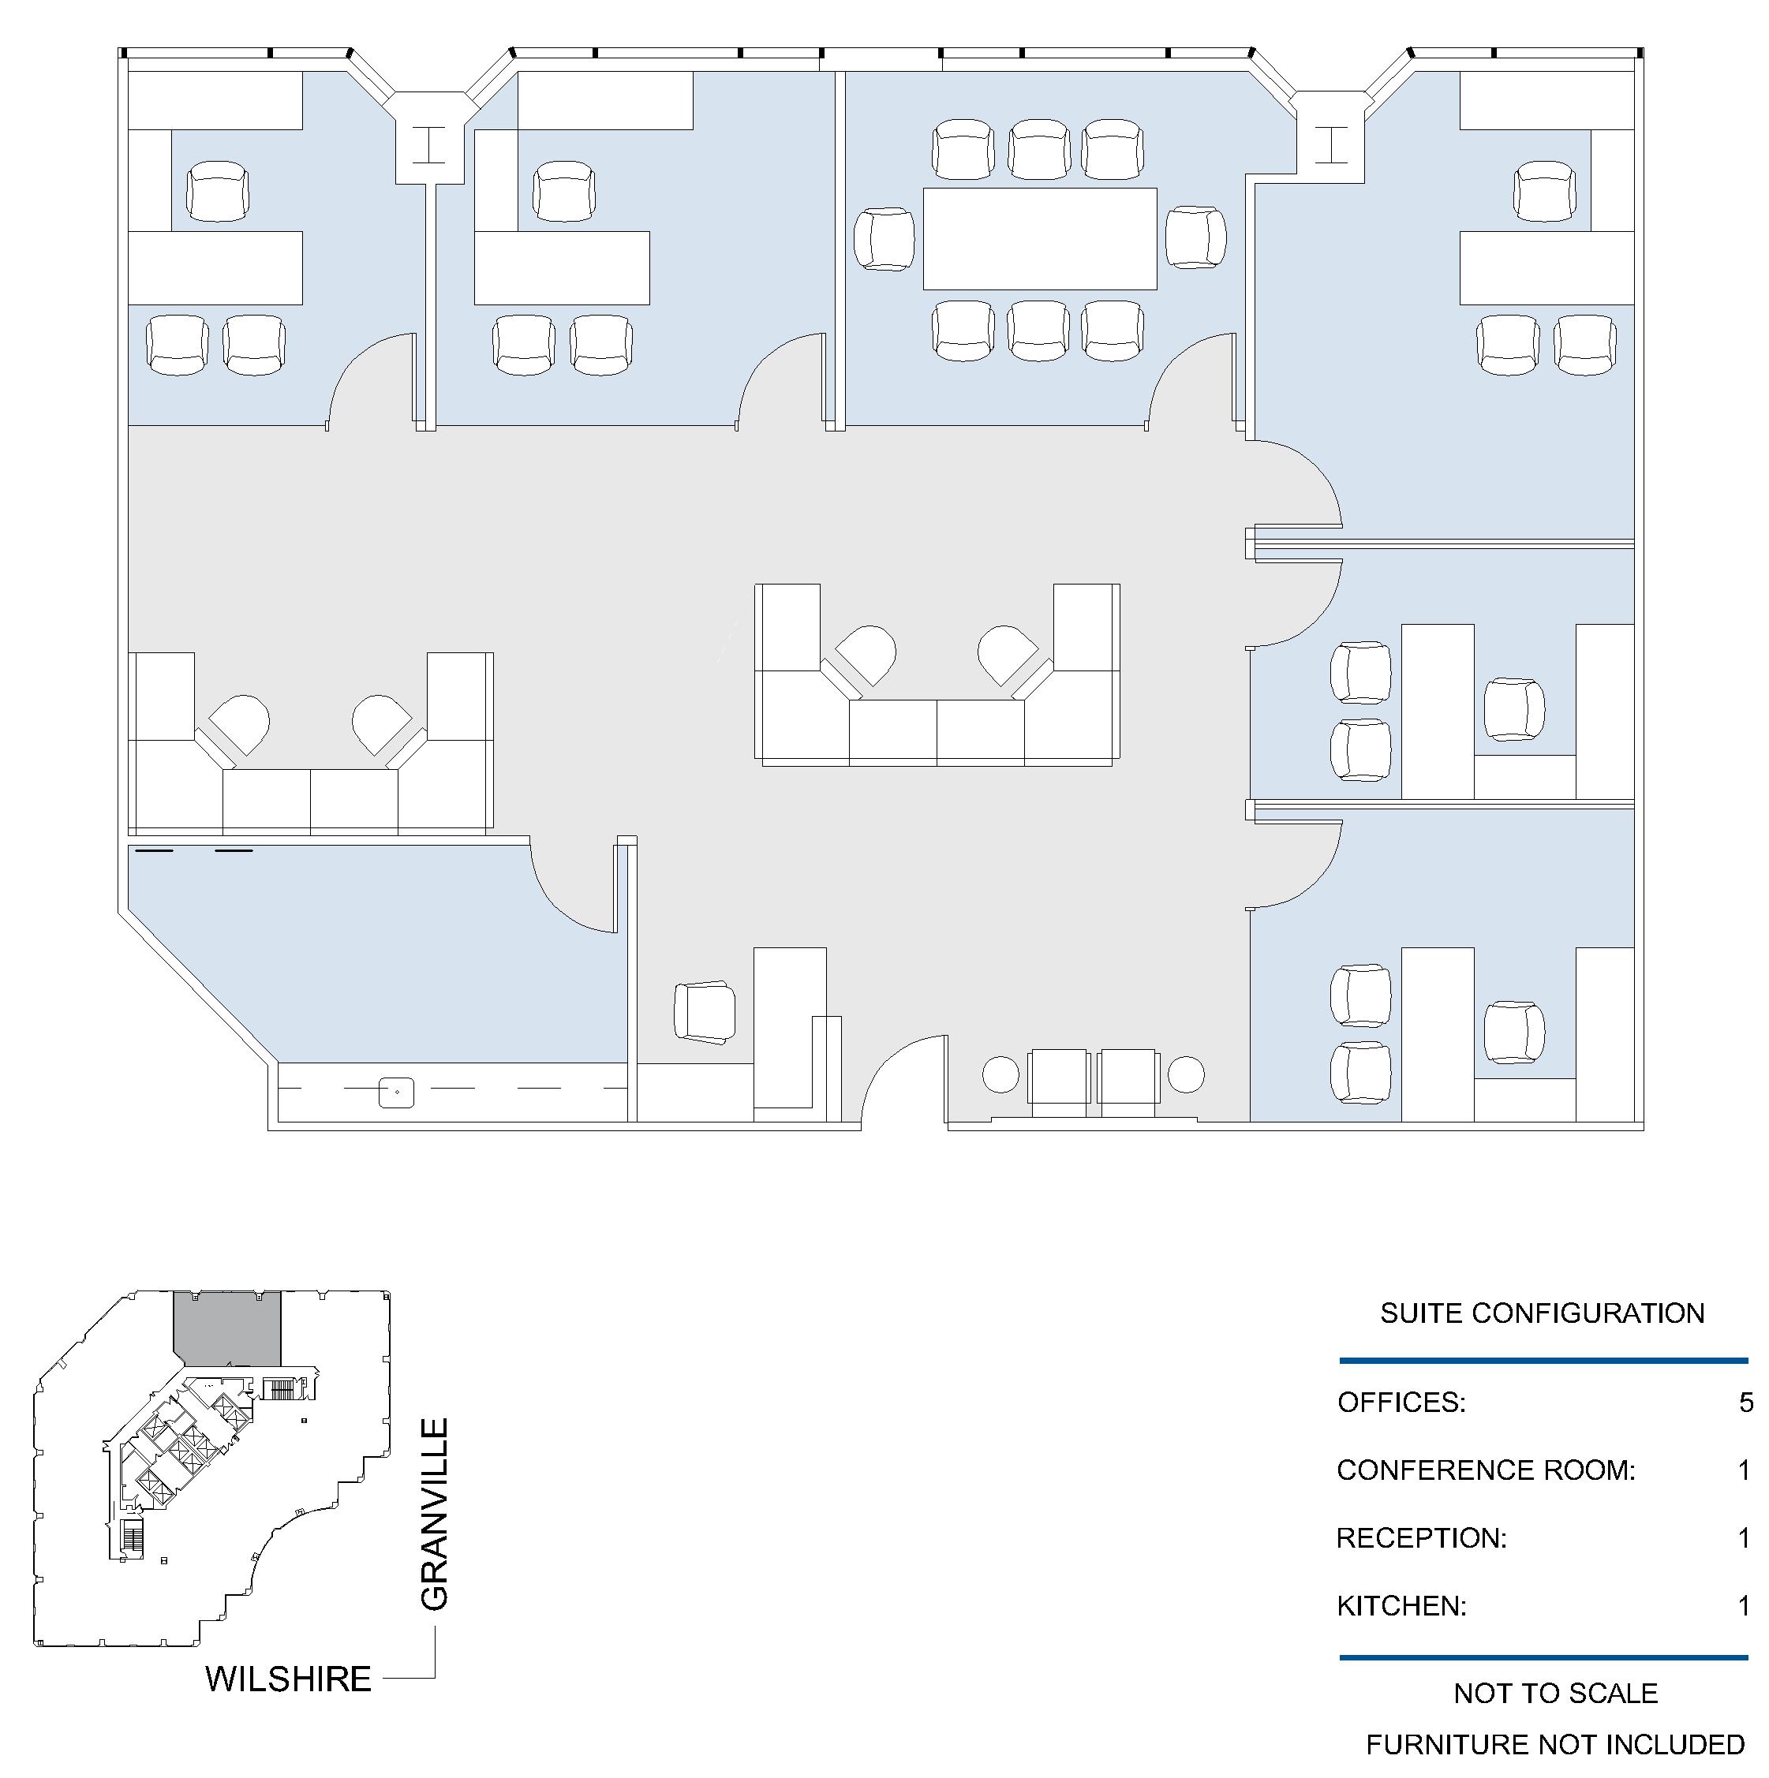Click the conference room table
click(x=1039, y=239)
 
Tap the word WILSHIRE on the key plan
click(x=288, y=1679)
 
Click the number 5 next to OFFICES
click(x=1745, y=1403)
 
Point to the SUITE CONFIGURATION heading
click(x=1542, y=1313)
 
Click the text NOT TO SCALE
click(x=1555, y=1694)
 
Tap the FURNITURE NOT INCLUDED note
click(x=1554, y=1745)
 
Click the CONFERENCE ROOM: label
click(x=1486, y=1470)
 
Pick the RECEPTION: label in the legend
click(x=1421, y=1538)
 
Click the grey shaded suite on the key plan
click(x=226, y=1328)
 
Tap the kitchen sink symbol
click(x=397, y=1093)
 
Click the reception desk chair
click(x=704, y=1012)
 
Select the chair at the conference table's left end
click(x=884, y=239)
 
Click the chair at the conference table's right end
click(x=1195, y=237)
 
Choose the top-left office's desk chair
click(x=217, y=192)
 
